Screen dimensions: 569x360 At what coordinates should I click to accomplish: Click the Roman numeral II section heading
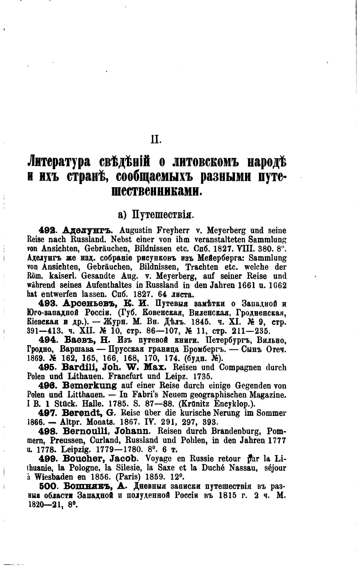pyautogui.click(x=156, y=139)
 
